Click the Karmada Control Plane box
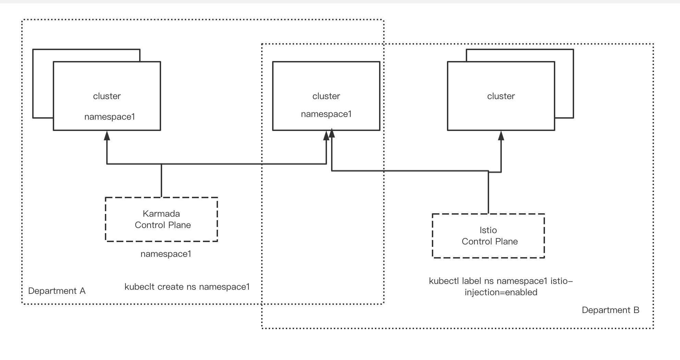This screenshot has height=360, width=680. click(x=161, y=219)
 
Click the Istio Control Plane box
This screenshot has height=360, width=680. click(x=488, y=236)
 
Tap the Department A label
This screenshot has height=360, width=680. click(x=57, y=291)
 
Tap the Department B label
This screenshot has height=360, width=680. click(x=610, y=310)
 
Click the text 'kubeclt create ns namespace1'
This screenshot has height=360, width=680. click(x=187, y=287)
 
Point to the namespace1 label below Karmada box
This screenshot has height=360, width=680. click(x=166, y=254)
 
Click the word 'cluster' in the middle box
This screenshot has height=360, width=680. click(x=326, y=96)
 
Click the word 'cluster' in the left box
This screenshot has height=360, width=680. click(x=107, y=96)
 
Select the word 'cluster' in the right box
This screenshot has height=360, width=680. click(x=501, y=96)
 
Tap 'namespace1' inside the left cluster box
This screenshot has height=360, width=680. click(x=109, y=117)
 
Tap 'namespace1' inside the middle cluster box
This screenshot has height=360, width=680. click(x=326, y=114)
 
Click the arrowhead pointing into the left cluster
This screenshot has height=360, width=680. click(x=107, y=136)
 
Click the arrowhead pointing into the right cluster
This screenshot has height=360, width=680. click(x=501, y=136)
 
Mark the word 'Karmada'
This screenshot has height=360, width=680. click(x=161, y=214)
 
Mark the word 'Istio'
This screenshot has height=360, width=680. click(x=488, y=230)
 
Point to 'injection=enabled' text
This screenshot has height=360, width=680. click(x=501, y=292)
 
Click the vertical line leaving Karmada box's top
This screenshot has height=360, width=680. click(x=161, y=181)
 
